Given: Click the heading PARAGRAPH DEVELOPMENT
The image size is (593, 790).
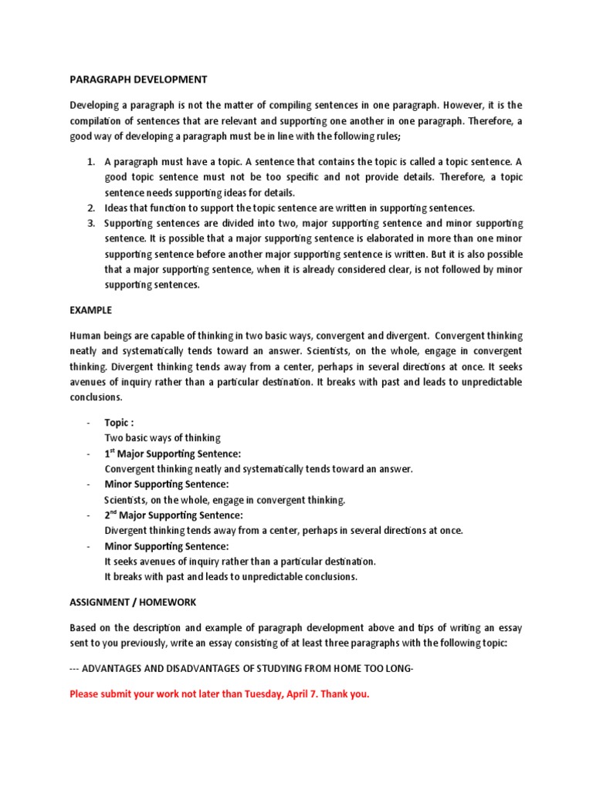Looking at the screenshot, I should [x=138, y=79].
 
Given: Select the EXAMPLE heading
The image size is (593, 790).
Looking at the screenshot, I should [x=90, y=310].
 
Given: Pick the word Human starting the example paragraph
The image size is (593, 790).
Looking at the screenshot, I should [x=86, y=336].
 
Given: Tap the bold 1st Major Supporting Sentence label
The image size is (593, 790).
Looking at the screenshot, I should [x=173, y=454].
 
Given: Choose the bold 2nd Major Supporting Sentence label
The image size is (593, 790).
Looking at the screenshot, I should [x=174, y=515].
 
